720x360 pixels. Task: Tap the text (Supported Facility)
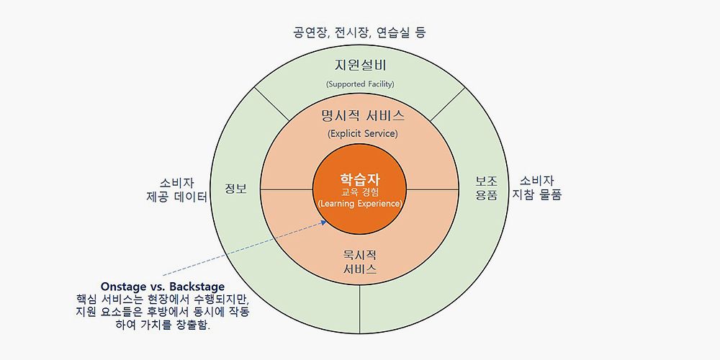pyautogui.click(x=360, y=84)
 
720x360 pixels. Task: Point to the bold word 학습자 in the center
pyautogui.click(x=360, y=179)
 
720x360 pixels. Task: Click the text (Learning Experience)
pyautogui.click(x=360, y=204)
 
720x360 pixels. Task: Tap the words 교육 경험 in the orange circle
pyautogui.click(x=360, y=192)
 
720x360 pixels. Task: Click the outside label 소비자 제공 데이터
pyautogui.click(x=176, y=189)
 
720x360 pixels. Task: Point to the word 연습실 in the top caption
pyautogui.click(x=396, y=32)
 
